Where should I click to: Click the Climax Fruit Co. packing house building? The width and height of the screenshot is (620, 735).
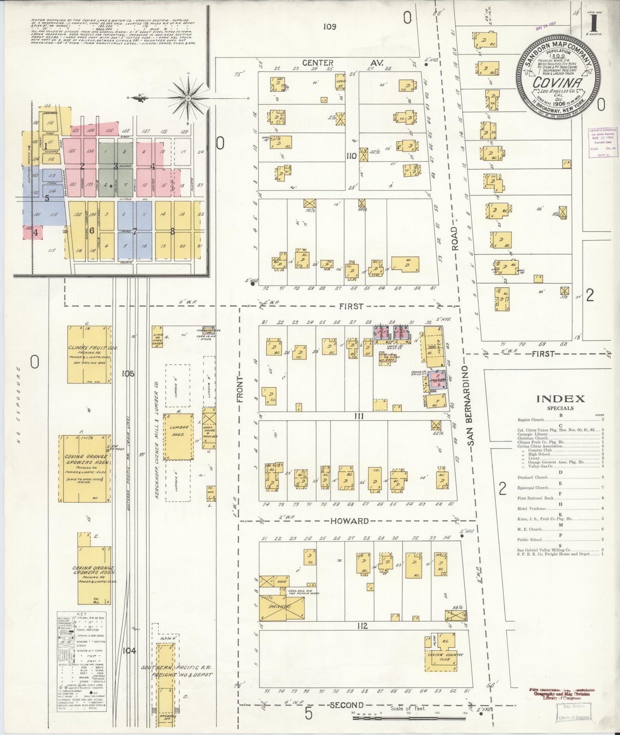[x=89, y=354]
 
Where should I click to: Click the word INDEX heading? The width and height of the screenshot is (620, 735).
[x=560, y=399]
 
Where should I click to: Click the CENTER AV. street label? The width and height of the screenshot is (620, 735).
[x=318, y=63]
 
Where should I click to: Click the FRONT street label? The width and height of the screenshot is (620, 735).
[x=240, y=389]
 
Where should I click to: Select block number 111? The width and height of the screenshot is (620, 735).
[x=359, y=416]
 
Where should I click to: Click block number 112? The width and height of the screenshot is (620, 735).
[x=362, y=626]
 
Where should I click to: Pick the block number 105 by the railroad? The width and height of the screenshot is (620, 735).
[x=128, y=374]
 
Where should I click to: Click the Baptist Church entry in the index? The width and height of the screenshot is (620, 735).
[x=531, y=420]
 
